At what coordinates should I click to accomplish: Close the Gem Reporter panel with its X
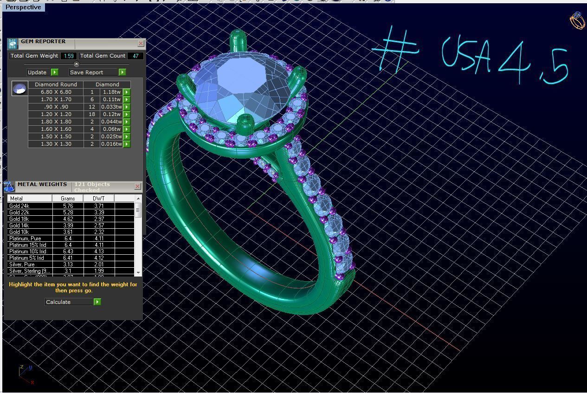(x=141, y=43)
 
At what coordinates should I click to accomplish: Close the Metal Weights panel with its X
(x=137, y=186)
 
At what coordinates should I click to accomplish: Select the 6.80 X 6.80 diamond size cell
(x=56, y=92)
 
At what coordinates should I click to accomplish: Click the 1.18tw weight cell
(x=111, y=92)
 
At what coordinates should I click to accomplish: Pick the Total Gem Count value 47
(x=135, y=56)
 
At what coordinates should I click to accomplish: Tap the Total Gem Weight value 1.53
(x=68, y=56)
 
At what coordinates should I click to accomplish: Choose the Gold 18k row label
(x=19, y=219)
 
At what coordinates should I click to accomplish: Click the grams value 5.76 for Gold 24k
(x=68, y=206)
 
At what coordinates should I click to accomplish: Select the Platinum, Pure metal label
(x=25, y=238)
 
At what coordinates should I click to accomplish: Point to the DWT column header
(x=98, y=198)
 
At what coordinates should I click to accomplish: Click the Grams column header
(x=68, y=198)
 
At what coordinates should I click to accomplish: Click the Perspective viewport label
(x=23, y=7)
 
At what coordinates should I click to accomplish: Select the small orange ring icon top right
(x=577, y=21)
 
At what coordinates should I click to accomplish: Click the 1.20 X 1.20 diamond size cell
(x=56, y=114)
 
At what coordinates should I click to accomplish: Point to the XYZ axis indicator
(x=26, y=374)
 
